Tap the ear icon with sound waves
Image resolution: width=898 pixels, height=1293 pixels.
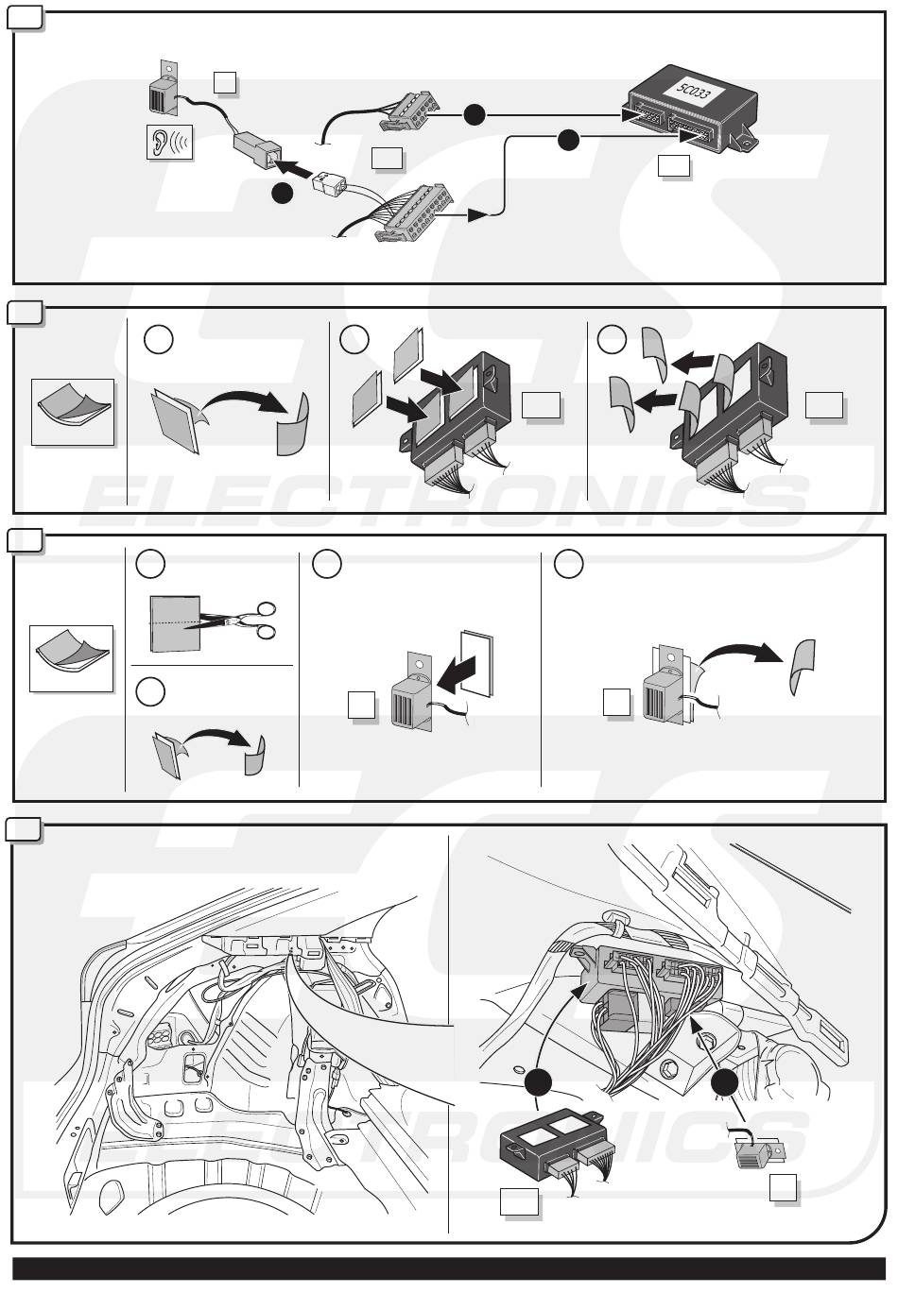[x=169, y=143]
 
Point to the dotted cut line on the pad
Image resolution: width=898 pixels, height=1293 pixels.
[x=175, y=624]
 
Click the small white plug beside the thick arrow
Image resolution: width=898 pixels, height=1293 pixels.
[x=329, y=184]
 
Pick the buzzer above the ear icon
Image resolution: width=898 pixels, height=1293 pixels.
[x=164, y=88]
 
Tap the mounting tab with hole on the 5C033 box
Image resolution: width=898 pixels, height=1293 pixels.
[x=744, y=141]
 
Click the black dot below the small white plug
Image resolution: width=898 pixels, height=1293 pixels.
[x=282, y=194]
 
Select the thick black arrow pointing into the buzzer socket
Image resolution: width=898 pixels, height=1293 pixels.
[x=297, y=169]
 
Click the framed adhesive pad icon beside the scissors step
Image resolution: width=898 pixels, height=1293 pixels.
[x=72, y=658]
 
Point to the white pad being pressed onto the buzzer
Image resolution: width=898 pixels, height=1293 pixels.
[x=477, y=664]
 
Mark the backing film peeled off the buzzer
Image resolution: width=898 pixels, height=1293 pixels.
[x=803, y=667]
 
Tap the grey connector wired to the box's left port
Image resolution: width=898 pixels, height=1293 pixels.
[x=409, y=111]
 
